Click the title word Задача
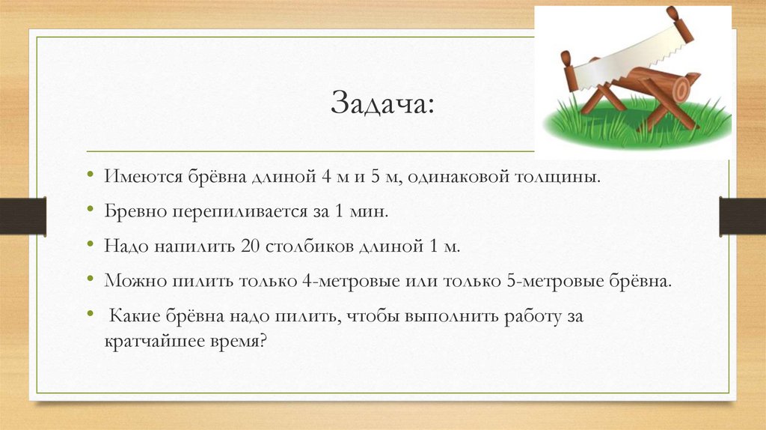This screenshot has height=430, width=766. (x=382, y=103)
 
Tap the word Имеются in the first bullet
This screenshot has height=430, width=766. (x=143, y=176)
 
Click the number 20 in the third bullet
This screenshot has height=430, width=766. (x=250, y=246)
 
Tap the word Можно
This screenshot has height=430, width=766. (x=135, y=281)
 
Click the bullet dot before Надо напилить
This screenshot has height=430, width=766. (x=91, y=243)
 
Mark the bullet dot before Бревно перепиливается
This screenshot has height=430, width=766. (x=91, y=208)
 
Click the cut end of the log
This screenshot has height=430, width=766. (x=681, y=89)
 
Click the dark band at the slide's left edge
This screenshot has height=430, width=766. (x=23, y=216)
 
